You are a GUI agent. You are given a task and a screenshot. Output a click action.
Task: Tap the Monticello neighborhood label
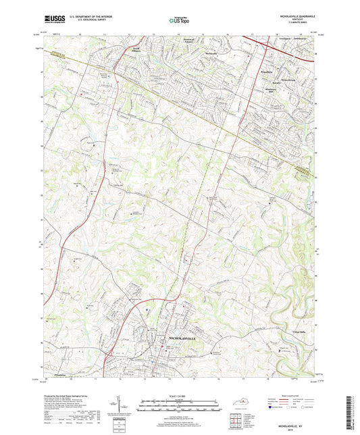(x=212, y=51)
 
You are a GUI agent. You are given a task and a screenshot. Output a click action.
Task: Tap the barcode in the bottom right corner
(x=353, y=411)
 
